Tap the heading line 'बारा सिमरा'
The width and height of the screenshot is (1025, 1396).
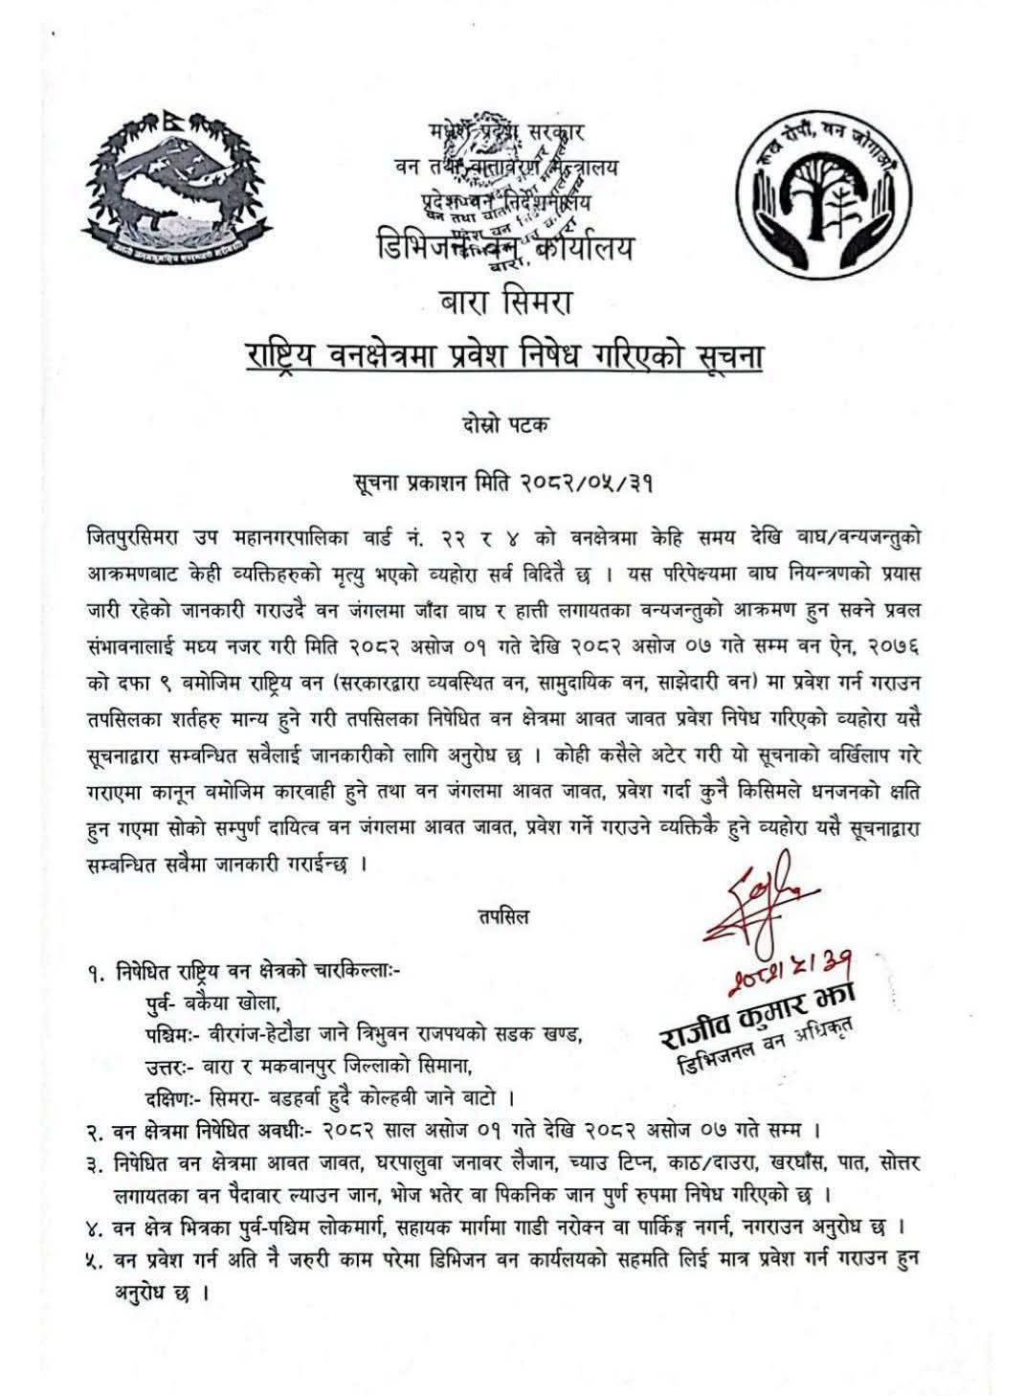point(505,307)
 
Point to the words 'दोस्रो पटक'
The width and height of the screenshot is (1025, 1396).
point(504,426)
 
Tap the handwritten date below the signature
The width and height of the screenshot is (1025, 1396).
point(804,971)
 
